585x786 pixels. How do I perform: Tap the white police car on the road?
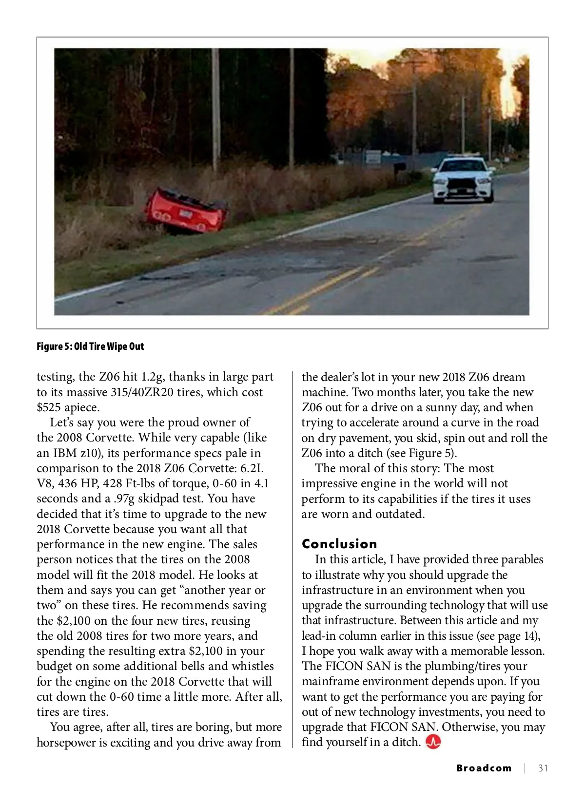point(463,179)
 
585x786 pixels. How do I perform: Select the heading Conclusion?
point(339,544)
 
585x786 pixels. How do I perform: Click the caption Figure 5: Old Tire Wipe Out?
point(90,346)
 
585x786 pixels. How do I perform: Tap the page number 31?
point(543,768)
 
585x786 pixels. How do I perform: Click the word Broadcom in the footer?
point(484,768)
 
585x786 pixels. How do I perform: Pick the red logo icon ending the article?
point(433,742)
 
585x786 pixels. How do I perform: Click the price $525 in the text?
point(50,407)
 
